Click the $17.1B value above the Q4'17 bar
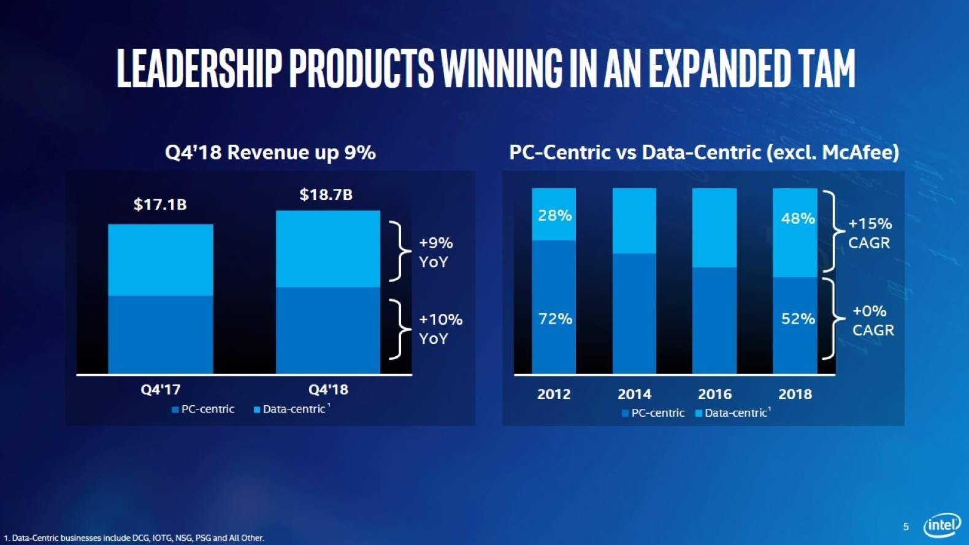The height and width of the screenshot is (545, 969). [x=160, y=204]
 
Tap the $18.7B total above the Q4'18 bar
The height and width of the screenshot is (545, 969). [x=326, y=194]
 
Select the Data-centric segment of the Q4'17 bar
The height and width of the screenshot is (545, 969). [x=161, y=260]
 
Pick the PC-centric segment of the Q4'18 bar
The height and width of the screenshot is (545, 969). [x=328, y=330]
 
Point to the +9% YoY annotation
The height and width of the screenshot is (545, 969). [x=435, y=252]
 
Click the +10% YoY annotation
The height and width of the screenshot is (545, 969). [x=440, y=329]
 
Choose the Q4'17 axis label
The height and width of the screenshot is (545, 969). [x=161, y=389]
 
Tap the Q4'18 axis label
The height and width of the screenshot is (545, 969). [x=328, y=389]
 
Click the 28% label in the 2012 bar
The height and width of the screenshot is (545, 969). [x=554, y=215]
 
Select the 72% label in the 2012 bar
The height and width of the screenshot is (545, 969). [x=555, y=319]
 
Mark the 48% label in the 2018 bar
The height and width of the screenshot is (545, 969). [x=797, y=218]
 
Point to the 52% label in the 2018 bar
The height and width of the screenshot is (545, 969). [x=797, y=319]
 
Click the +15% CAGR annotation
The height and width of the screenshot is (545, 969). [x=870, y=233]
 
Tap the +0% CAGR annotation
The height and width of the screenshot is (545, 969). [x=872, y=321]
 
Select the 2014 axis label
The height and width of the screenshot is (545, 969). [x=634, y=394]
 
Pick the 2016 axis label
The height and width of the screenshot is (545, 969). [x=714, y=394]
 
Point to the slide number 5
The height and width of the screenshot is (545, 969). [x=906, y=527]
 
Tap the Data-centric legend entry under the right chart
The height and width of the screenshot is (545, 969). [x=733, y=413]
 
